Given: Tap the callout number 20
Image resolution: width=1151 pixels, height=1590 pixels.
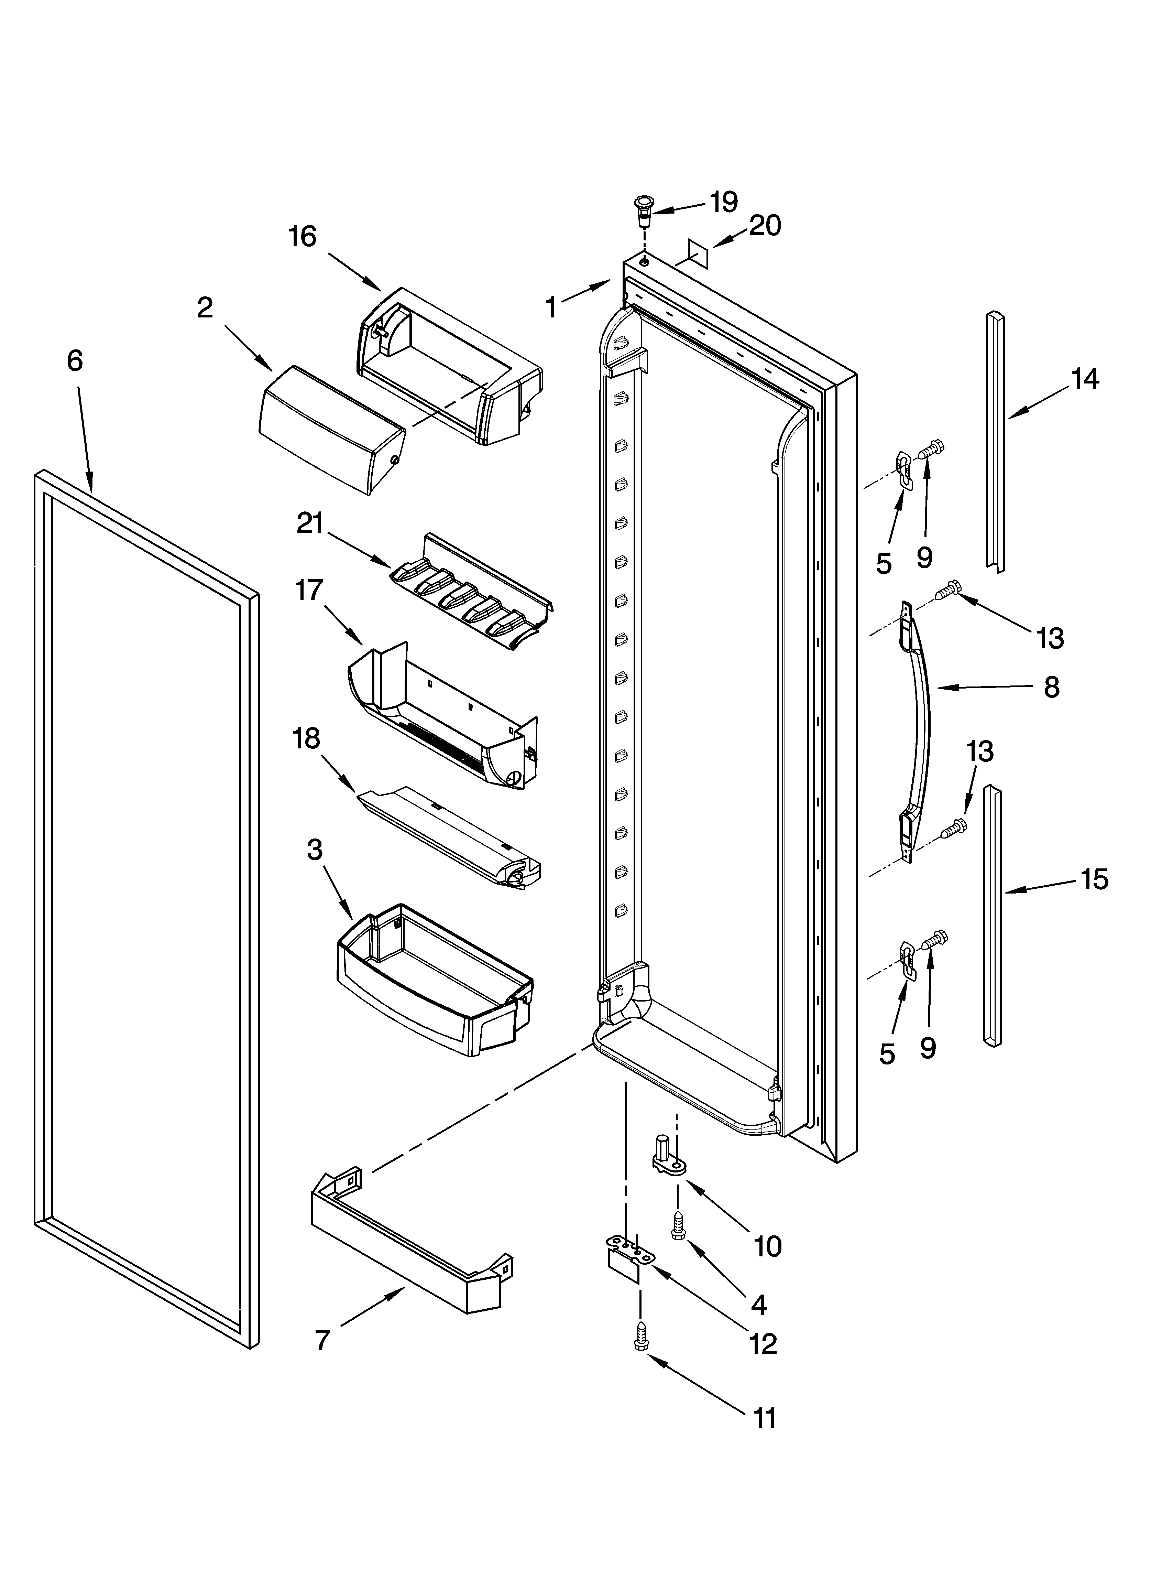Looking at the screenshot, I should click(765, 226).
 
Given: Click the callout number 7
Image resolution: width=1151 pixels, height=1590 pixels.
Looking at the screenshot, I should click(322, 1340).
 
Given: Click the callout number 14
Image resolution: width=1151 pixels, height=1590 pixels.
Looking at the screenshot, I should click(1084, 379).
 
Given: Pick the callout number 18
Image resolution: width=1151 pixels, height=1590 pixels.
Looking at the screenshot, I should click(306, 738).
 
